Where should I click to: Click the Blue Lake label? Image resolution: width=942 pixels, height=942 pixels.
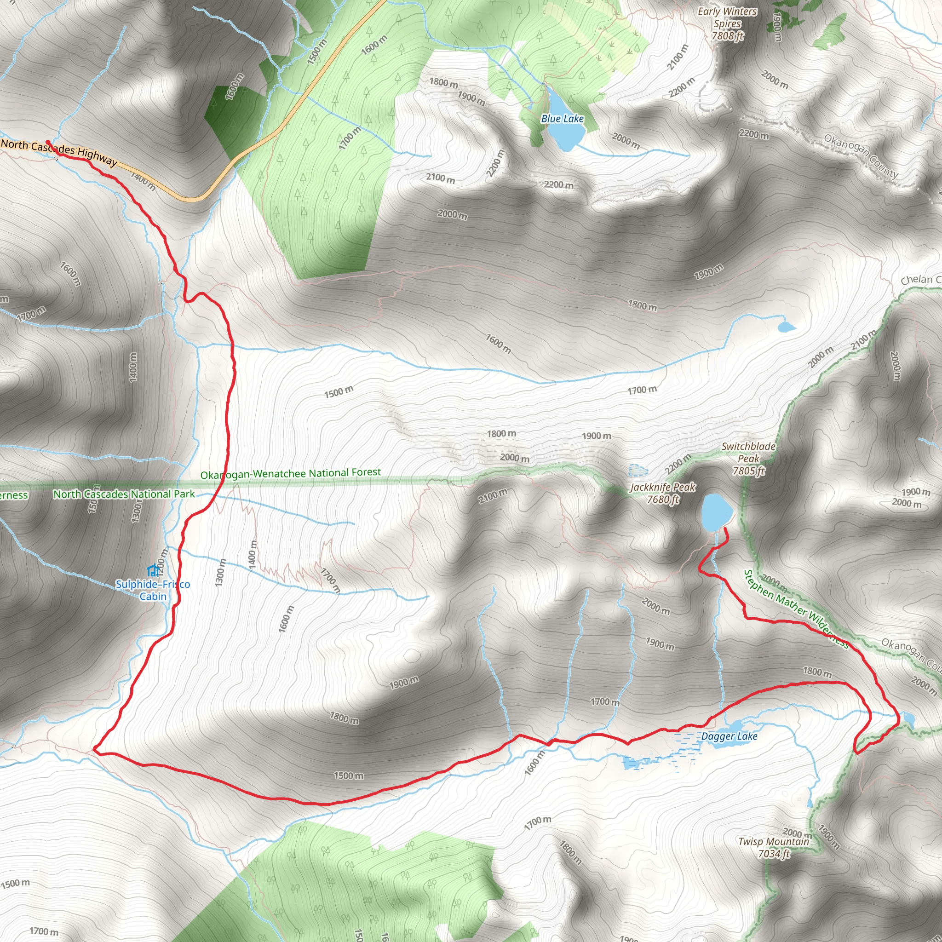click(x=562, y=119)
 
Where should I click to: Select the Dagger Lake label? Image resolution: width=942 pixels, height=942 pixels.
click(x=729, y=736)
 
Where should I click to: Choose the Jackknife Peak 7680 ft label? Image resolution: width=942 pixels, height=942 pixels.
click(x=663, y=493)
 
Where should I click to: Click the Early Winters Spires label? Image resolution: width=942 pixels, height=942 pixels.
click(x=728, y=17)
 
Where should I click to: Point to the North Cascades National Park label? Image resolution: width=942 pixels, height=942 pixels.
click(x=124, y=494)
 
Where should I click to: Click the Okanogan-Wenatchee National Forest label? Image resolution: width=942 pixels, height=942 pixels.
click(x=291, y=473)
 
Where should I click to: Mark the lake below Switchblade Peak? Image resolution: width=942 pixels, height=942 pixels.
click(x=716, y=512)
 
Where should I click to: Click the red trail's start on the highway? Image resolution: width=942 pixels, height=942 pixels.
click(x=48, y=142)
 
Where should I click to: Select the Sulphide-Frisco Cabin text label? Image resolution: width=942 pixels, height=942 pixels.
click(x=153, y=590)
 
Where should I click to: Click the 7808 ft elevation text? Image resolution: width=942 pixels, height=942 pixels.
click(x=728, y=35)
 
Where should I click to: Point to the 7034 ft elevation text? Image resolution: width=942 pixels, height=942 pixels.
click(x=774, y=853)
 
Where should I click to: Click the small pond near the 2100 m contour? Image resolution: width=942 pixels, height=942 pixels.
click(x=786, y=327)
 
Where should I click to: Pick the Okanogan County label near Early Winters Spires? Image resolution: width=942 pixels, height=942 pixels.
click(x=861, y=156)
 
